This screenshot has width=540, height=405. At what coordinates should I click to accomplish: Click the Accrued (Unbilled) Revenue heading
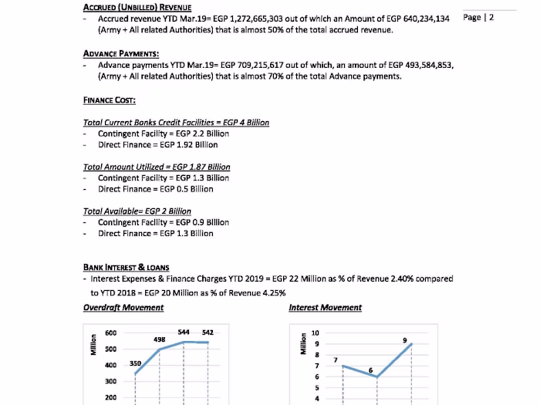[x=137, y=8]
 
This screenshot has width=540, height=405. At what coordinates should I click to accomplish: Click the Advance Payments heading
[x=120, y=53]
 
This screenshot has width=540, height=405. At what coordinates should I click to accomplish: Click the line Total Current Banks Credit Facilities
[x=176, y=123]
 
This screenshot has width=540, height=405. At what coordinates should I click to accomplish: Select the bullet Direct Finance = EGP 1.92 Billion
[x=157, y=144]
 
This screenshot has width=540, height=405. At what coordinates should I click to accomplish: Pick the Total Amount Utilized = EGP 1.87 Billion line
[x=157, y=167]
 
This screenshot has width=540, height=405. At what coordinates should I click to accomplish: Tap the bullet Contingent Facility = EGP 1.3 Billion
[x=163, y=177]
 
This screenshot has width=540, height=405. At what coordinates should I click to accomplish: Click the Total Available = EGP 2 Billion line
[x=137, y=211]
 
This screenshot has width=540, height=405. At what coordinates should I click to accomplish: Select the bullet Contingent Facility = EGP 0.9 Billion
[x=163, y=222]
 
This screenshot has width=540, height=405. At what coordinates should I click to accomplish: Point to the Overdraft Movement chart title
[x=123, y=307]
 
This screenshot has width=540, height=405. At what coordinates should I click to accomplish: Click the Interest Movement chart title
[x=325, y=307]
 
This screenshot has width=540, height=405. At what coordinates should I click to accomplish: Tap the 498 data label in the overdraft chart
[x=160, y=339]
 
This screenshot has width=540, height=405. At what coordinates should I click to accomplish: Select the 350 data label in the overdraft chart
[x=135, y=363]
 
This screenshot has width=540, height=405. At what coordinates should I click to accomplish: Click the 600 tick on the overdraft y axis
[x=110, y=333]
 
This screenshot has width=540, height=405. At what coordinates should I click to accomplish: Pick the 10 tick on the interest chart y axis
[x=316, y=333]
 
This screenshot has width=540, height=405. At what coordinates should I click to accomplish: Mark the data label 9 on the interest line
[x=405, y=340]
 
